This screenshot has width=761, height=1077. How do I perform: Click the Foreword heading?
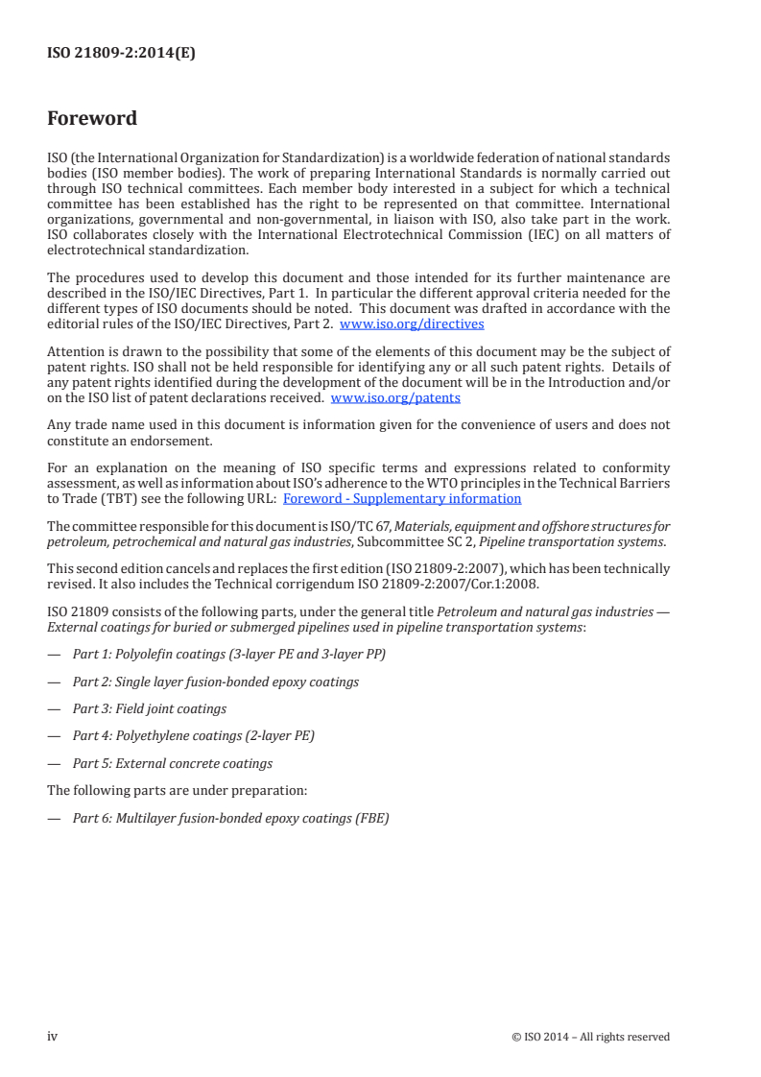[92, 119]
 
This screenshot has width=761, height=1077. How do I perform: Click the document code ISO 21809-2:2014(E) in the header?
[121, 55]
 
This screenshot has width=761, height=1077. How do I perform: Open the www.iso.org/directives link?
[412, 324]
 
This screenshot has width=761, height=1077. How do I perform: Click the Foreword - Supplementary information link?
[402, 498]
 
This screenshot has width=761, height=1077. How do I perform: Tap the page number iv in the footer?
[53, 1036]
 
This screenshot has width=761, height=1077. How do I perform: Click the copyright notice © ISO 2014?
[591, 1037]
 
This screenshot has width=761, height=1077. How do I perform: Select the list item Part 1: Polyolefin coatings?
[229, 655]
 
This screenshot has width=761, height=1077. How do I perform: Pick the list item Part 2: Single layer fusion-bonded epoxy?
[215, 682]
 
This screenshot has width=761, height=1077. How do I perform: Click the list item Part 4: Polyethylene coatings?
[193, 736]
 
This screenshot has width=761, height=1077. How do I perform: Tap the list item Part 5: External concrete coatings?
[172, 764]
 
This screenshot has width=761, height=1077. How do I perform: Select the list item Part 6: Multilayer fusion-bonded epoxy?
[230, 819]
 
